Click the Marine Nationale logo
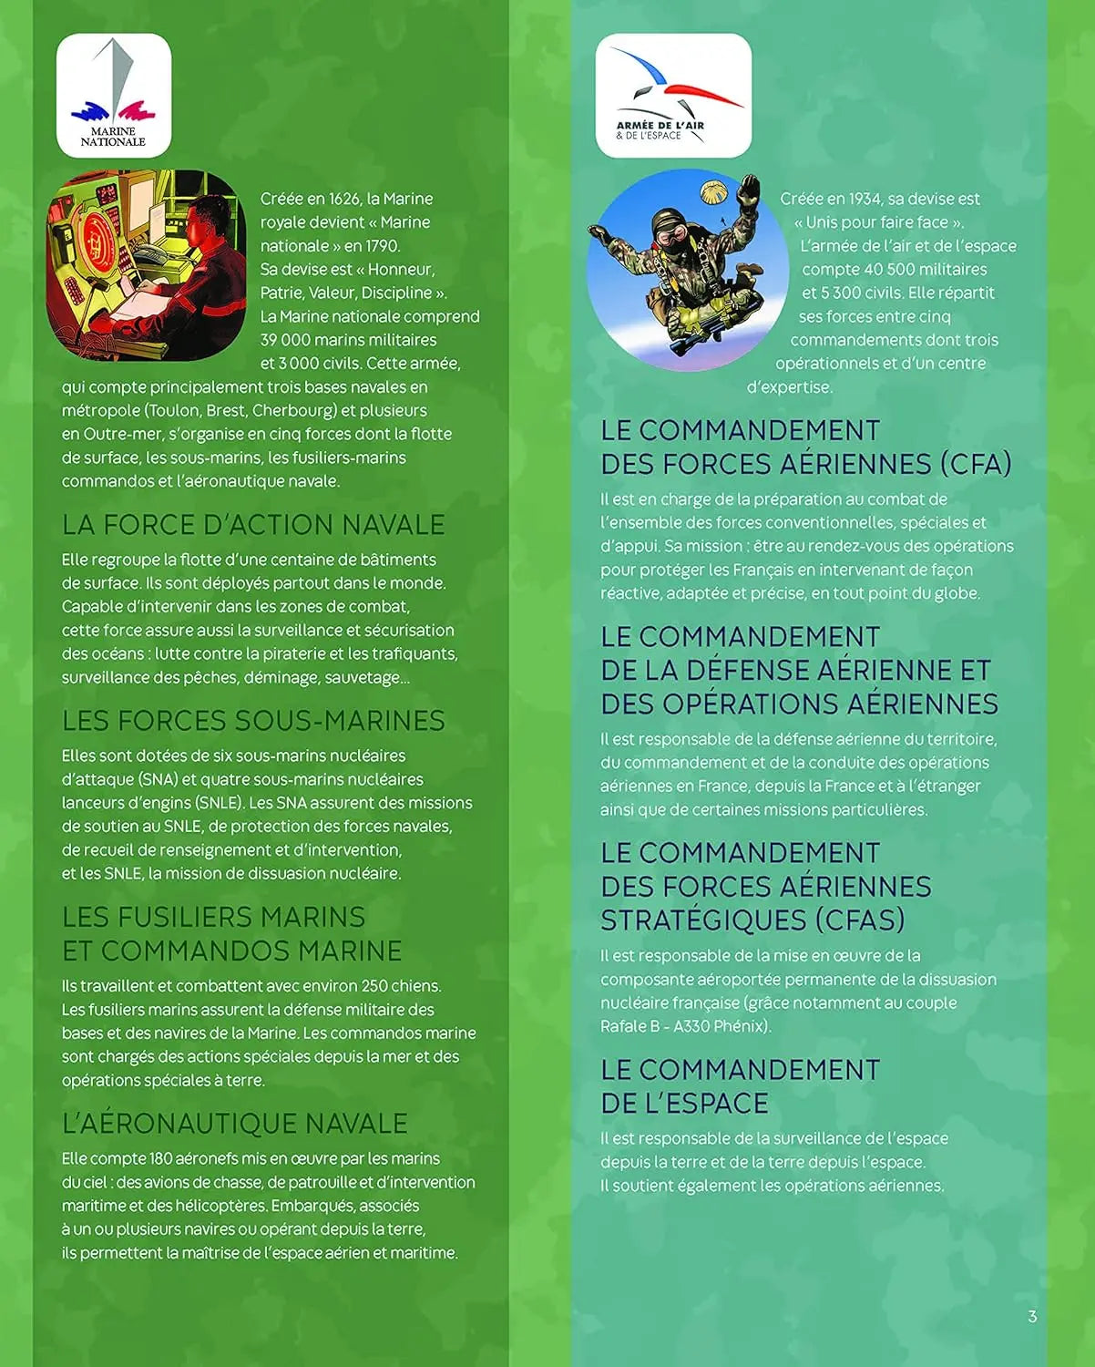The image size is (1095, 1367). tap(114, 96)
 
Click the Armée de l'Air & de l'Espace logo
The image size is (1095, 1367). tap(673, 96)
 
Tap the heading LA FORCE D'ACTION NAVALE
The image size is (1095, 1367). tap(253, 525)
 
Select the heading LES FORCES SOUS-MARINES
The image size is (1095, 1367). tap(253, 721)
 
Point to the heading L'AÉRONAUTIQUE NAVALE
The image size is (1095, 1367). tap(234, 1124)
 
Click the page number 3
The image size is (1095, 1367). tap(1032, 1316)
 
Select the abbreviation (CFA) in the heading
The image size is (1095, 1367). tap(976, 464)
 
